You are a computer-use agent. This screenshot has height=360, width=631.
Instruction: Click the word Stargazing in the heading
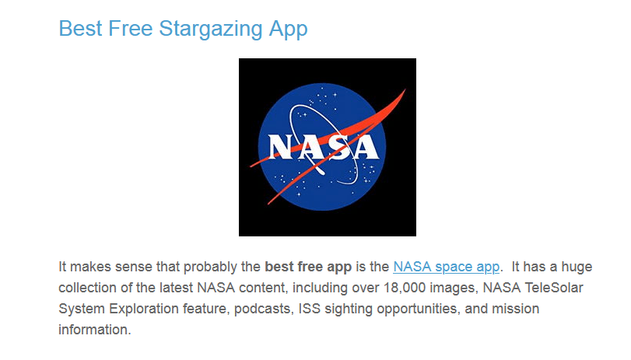point(211,30)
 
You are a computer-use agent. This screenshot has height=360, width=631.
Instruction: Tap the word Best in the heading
point(80,29)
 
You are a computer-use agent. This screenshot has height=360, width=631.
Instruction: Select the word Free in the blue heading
point(131,29)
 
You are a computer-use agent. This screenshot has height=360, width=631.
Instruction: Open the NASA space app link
point(447,267)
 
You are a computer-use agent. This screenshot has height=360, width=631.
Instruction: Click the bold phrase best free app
point(308,267)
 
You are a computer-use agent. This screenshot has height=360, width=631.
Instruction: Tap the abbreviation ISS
point(310,309)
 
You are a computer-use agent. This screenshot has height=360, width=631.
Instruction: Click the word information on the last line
point(95,330)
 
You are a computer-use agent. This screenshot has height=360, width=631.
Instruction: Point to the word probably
point(210,267)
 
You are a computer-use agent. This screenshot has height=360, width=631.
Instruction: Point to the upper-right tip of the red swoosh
point(405,89)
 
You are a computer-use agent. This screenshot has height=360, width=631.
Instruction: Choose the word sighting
point(349,309)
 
